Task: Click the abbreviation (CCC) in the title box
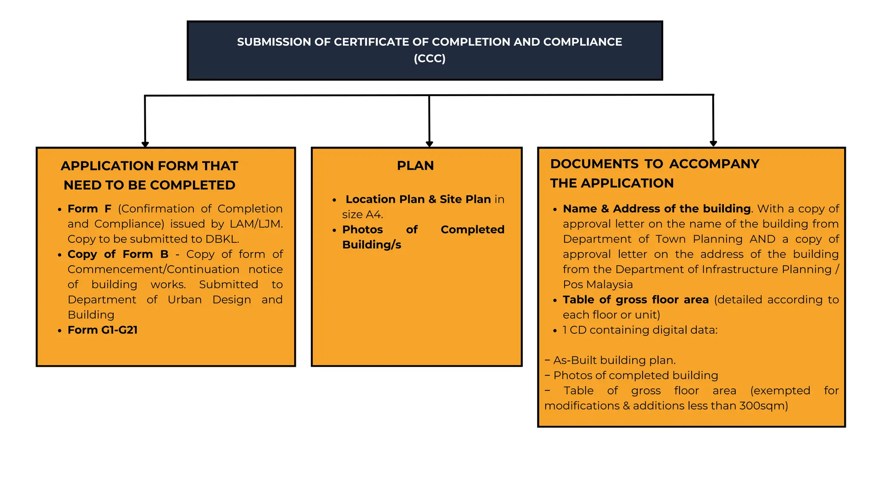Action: click(x=429, y=58)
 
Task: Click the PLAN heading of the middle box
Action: click(x=415, y=165)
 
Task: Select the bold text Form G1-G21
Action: click(x=102, y=330)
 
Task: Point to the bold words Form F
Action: click(x=90, y=209)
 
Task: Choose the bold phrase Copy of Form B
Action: click(x=118, y=254)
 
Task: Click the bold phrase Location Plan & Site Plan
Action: click(x=418, y=199)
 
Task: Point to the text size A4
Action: click(x=362, y=214)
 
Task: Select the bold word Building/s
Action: click(x=372, y=245)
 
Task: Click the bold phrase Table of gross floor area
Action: click(x=635, y=300)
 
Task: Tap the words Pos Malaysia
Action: click(x=598, y=285)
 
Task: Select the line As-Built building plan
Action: click(x=614, y=360)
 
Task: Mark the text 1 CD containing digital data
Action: click(x=640, y=330)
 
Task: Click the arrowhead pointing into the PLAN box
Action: click(x=429, y=143)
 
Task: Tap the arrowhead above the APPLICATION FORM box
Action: click(x=145, y=144)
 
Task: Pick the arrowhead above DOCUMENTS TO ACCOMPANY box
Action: click(x=713, y=143)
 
